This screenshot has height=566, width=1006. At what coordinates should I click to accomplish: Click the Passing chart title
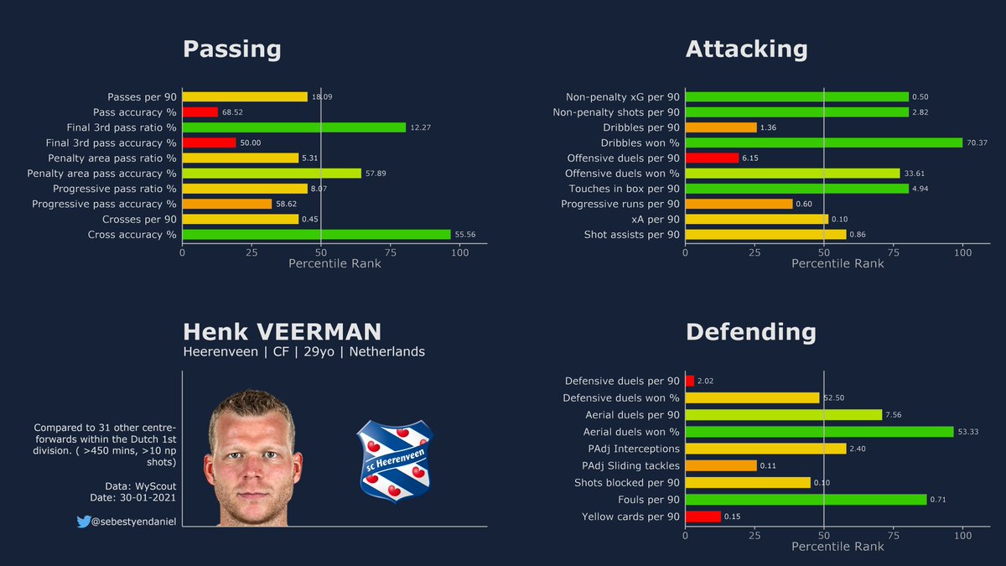[232, 49]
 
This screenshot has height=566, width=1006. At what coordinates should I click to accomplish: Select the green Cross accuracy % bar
[316, 235]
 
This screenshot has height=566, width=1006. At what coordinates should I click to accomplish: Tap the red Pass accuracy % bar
[200, 112]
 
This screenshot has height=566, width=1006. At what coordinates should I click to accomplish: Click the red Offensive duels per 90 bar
[712, 158]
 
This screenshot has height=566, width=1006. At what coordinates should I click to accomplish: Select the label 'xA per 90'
[655, 220]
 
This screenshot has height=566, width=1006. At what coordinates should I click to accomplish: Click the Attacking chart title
[746, 49]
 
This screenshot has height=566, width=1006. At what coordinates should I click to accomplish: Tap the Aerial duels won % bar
[819, 432]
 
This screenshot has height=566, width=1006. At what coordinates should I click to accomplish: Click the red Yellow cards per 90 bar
[703, 517]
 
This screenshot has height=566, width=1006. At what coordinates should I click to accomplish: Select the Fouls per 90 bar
[806, 500]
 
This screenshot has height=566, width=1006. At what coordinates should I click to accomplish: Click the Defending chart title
[750, 332]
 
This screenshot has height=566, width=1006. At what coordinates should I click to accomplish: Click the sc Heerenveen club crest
[394, 460]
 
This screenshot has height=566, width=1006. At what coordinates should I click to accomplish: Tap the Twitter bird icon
[84, 522]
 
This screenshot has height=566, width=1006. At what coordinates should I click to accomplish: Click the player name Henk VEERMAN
[282, 331]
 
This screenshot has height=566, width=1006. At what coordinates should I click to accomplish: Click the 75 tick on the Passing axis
[391, 252]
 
